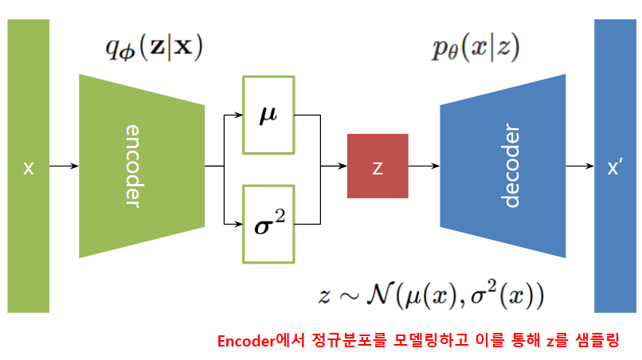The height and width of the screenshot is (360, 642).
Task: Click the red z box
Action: (x=378, y=166)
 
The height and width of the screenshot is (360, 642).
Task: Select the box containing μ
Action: (x=268, y=115)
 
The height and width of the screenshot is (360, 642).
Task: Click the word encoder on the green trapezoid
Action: (x=132, y=166)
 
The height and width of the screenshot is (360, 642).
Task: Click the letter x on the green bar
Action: (x=28, y=167)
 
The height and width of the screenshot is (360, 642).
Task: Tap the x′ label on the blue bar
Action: (x=614, y=167)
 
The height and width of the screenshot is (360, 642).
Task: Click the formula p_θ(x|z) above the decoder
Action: (x=476, y=49)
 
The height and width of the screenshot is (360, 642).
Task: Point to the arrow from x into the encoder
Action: (x=64, y=166)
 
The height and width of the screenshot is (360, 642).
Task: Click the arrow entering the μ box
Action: (x=233, y=115)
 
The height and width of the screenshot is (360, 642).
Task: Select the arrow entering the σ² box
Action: (x=233, y=224)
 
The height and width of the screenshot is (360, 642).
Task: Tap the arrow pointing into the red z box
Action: (x=333, y=166)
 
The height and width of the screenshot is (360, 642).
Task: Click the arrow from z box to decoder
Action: (x=424, y=166)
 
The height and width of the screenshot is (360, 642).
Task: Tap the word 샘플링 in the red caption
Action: (x=597, y=340)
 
